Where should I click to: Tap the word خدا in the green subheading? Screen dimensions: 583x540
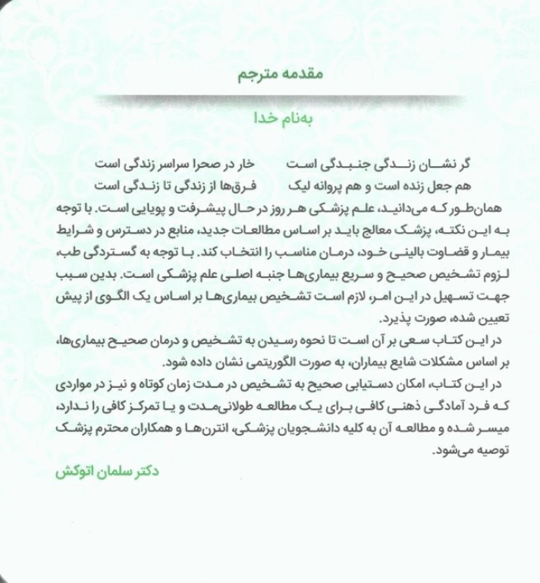pos(269,118)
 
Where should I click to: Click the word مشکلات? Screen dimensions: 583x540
pos(398,355)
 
